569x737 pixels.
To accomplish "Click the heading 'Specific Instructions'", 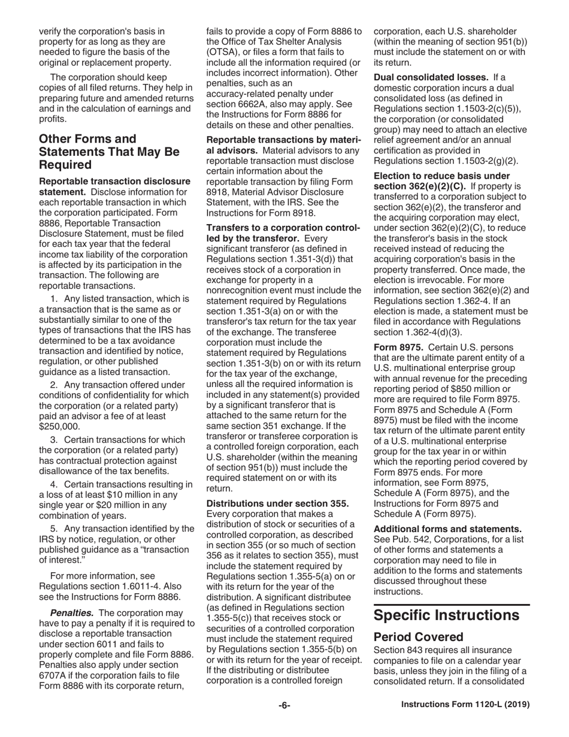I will tap(446, 615).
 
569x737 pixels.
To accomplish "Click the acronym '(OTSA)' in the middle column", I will tap(223, 52).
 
